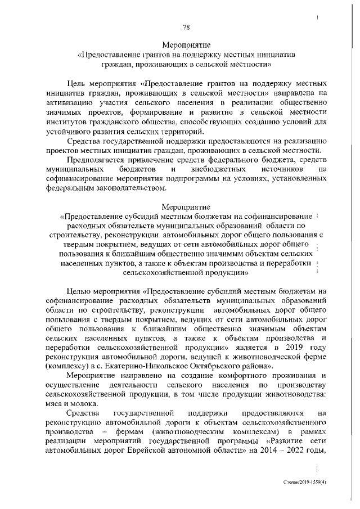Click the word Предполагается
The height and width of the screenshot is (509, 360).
click(x=96, y=160)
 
